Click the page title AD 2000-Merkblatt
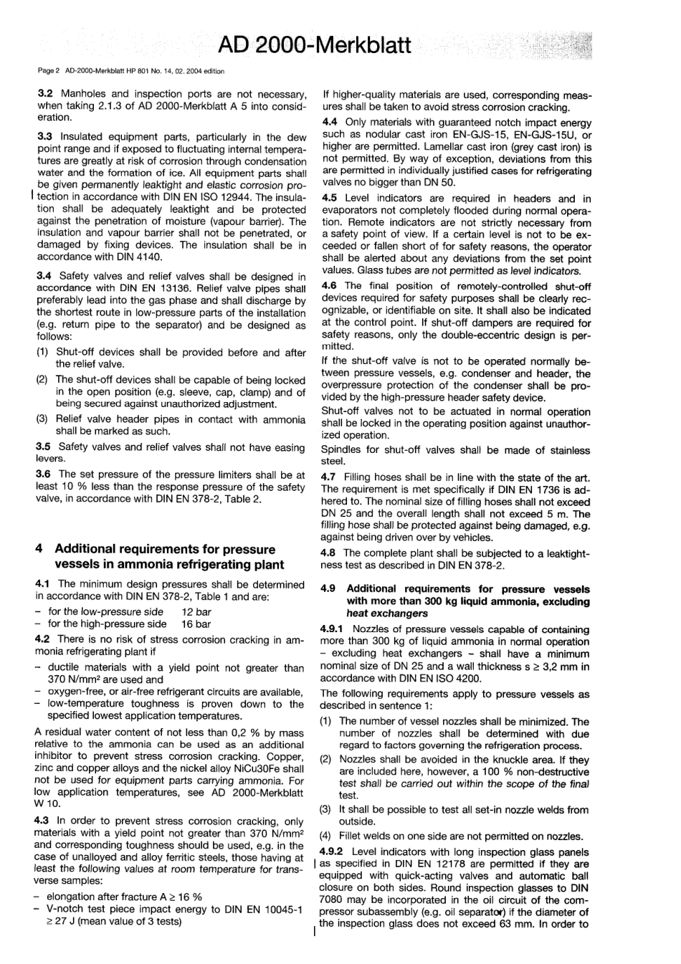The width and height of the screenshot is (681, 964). click(x=315, y=46)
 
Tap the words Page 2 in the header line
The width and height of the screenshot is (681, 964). click(x=48, y=71)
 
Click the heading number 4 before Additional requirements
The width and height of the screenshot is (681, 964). click(x=39, y=550)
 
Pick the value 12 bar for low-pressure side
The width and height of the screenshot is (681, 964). click(x=196, y=612)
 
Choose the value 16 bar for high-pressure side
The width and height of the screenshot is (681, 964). click(x=196, y=624)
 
